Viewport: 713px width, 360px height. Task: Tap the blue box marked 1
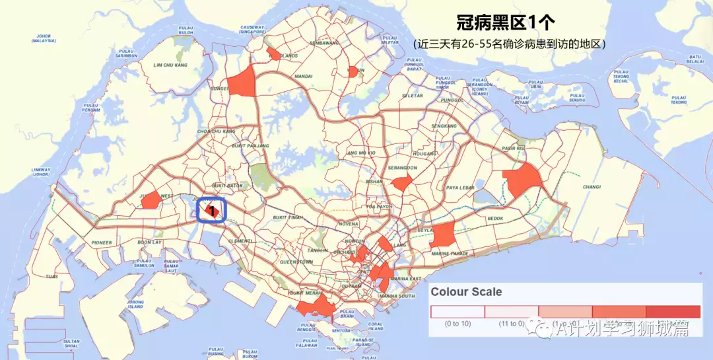pos(213,210)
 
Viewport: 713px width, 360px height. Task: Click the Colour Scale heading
pos(466,291)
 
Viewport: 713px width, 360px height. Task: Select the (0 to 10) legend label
pos(458,324)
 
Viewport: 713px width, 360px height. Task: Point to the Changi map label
pos(592,187)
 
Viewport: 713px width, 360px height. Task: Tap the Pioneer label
pos(102,242)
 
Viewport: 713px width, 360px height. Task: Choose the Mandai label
pos(304,77)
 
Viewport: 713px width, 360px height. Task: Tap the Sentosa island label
pos(341,330)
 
